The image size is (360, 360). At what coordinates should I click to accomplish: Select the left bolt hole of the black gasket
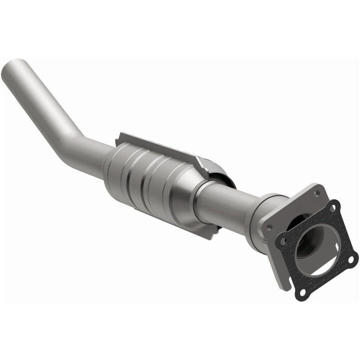click(x=283, y=241)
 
